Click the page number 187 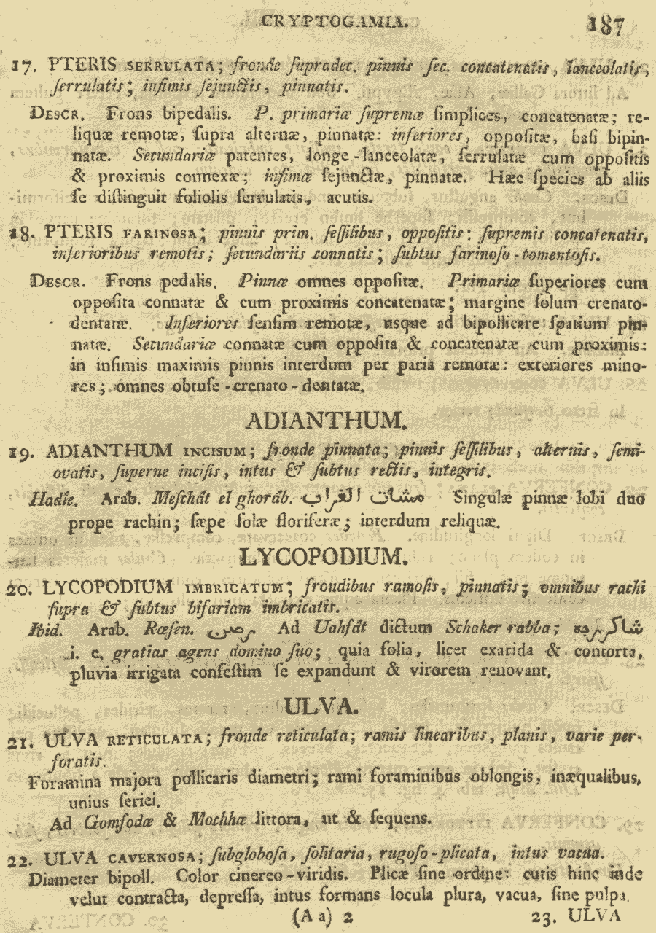tap(606, 26)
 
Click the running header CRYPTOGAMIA tap(333, 23)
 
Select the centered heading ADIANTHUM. tap(325, 421)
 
